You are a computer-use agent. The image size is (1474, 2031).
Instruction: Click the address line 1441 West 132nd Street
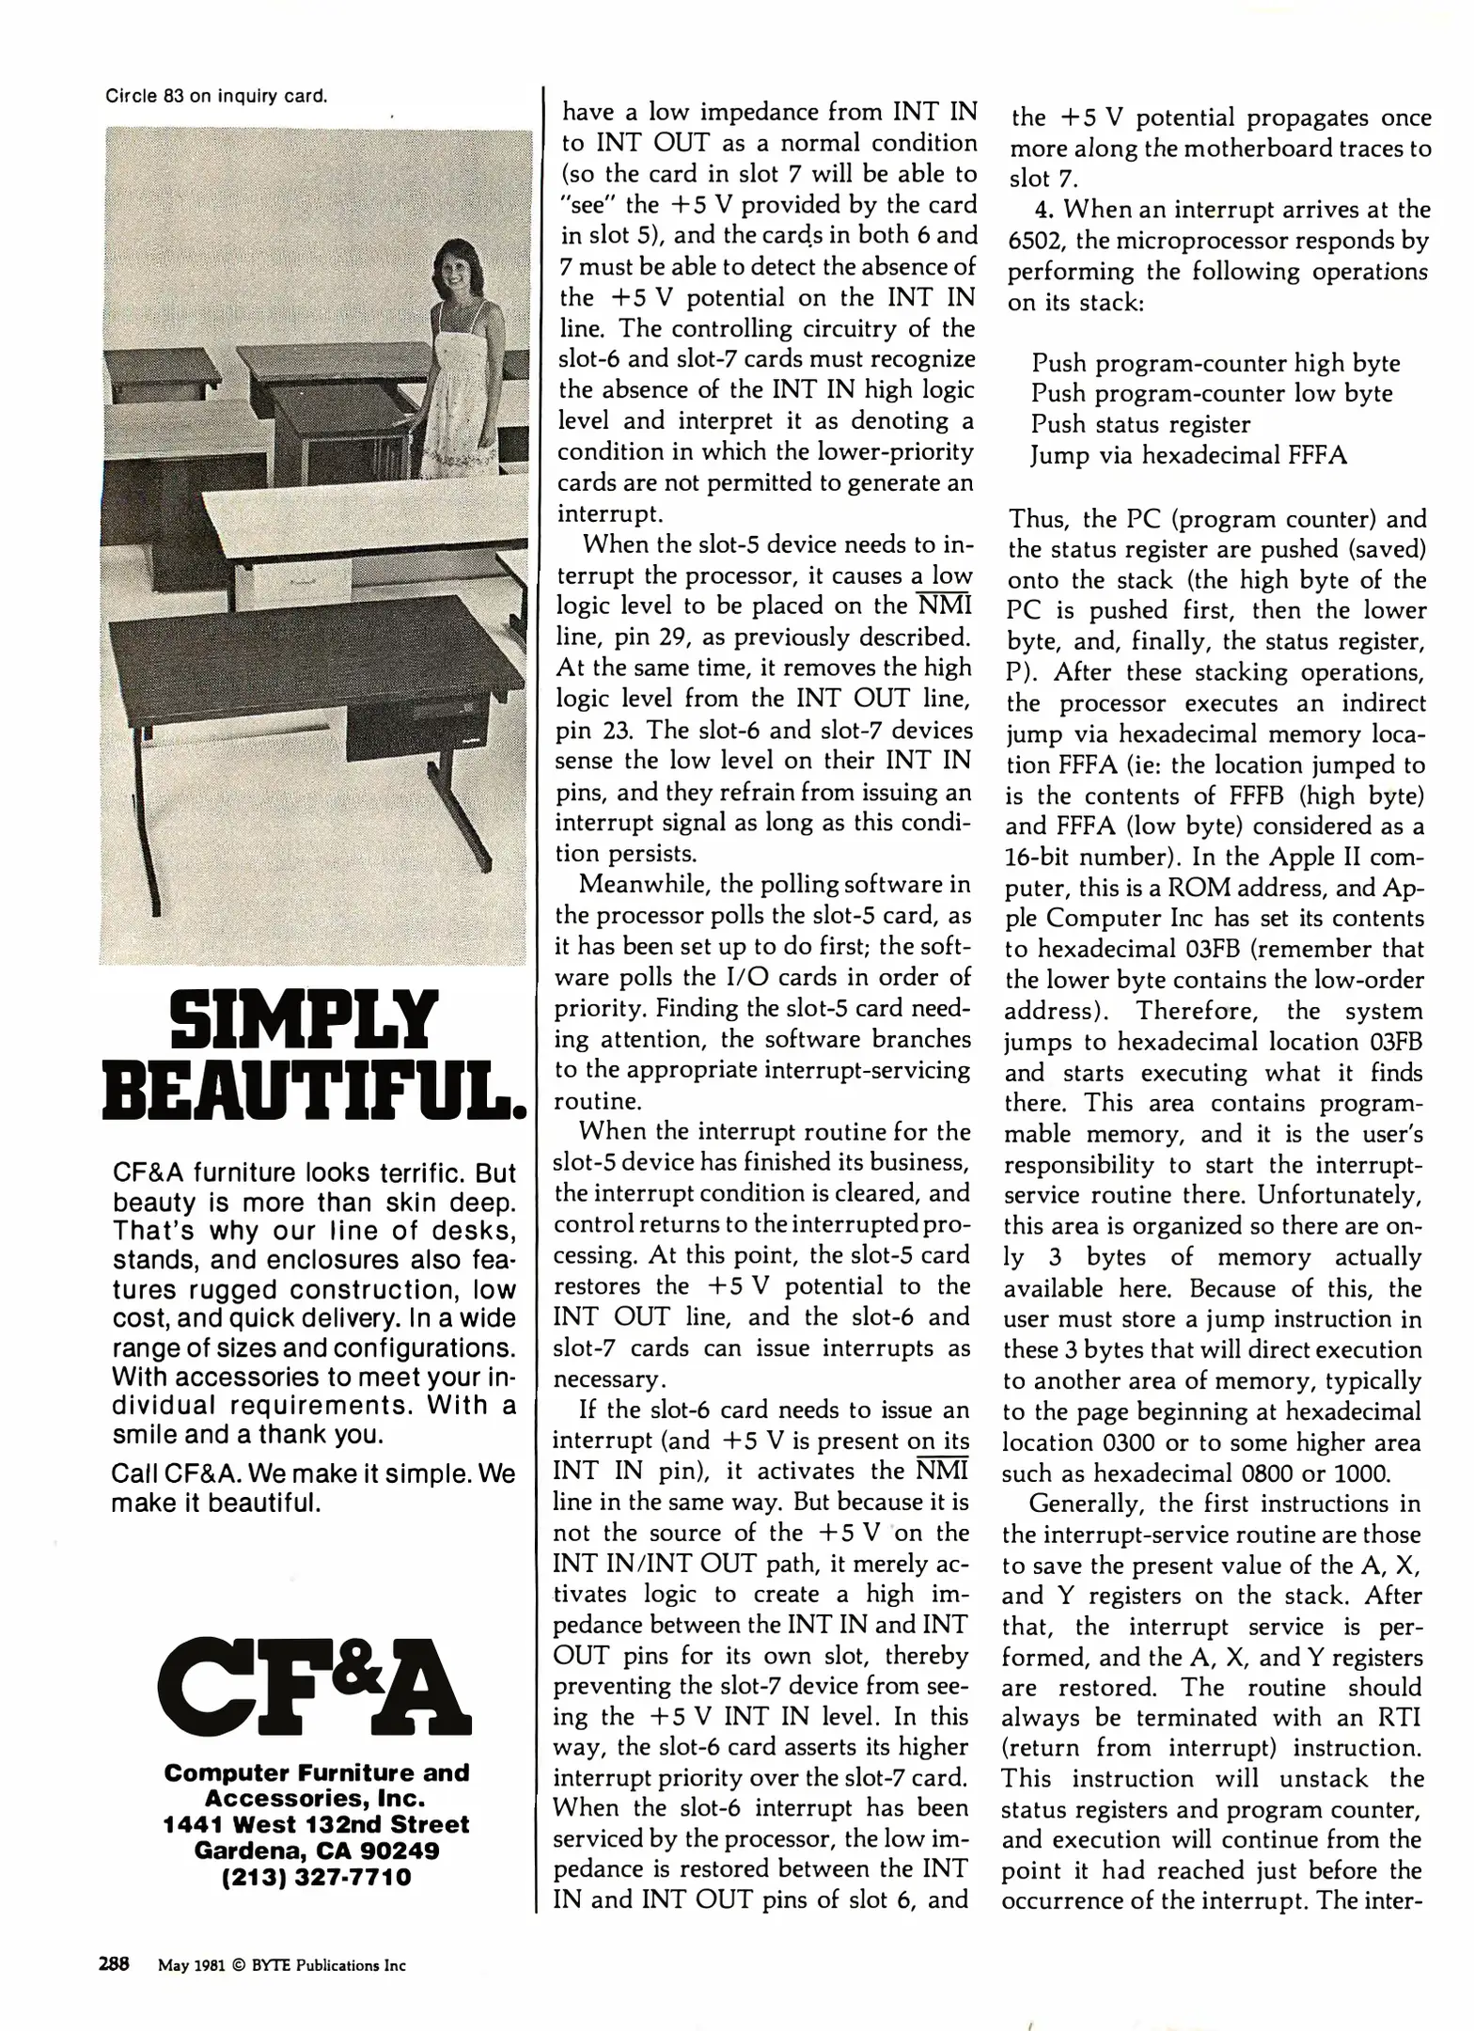point(317,1824)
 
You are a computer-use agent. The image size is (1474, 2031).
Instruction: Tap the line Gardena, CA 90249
point(317,1850)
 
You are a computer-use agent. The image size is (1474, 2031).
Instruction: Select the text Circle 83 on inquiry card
point(216,96)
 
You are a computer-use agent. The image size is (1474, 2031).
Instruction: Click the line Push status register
point(1140,424)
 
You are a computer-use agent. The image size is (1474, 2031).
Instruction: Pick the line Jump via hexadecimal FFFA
point(1188,455)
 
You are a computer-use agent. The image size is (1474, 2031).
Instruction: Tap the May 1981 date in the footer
point(191,1965)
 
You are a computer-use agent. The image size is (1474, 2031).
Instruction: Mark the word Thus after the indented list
point(1038,519)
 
